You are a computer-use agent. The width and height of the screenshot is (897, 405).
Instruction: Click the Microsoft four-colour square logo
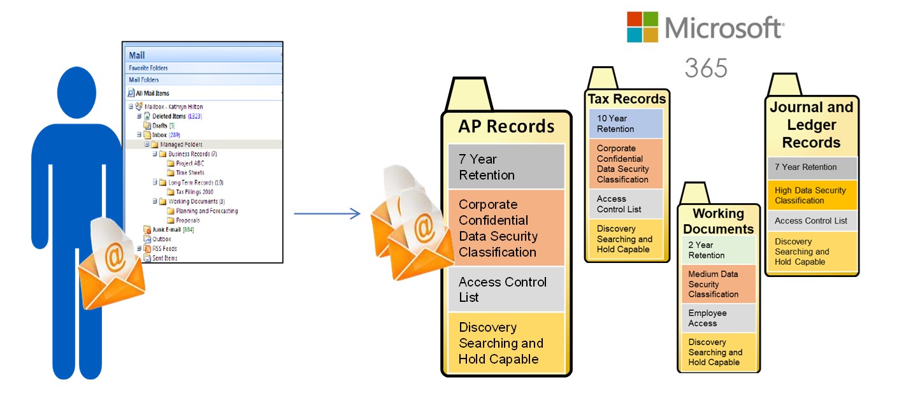coord(642,27)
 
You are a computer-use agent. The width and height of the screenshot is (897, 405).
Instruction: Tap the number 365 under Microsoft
coord(706,67)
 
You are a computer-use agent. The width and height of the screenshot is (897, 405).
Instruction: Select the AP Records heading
coord(506,126)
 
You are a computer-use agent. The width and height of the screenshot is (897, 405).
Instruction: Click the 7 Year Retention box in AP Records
coord(506,167)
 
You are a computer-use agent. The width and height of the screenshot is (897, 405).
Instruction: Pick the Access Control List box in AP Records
coord(506,289)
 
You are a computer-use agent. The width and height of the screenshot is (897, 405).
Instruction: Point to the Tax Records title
coord(626,99)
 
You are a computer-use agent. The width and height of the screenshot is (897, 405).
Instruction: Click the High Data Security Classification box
coord(812,195)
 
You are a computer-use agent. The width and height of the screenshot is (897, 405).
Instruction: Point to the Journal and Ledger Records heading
coord(811,125)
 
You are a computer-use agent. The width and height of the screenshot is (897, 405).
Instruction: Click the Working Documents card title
coord(718,220)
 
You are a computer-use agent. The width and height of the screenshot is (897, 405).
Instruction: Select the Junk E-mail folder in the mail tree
coord(164,229)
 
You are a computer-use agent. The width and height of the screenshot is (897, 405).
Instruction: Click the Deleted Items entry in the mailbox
coord(169,117)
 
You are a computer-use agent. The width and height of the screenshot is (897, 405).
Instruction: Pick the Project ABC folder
coord(189,164)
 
